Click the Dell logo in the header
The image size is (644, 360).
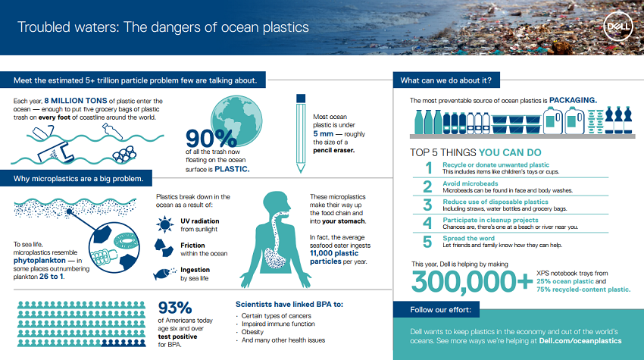pyautogui.click(x=618, y=27)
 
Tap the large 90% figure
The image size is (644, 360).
pyautogui.click(x=211, y=139)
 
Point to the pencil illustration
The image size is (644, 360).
pyautogui.click(x=301, y=133)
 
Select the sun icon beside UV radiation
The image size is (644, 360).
pyautogui.click(x=165, y=225)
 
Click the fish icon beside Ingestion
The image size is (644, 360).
pyautogui.click(x=164, y=274)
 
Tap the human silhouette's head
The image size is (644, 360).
pyautogui.click(x=276, y=202)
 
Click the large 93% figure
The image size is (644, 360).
pyautogui.click(x=175, y=308)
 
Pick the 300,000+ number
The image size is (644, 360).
pyautogui.click(x=472, y=281)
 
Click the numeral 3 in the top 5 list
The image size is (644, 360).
pyautogui.click(x=427, y=205)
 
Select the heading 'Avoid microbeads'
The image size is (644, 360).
pyautogui.click(x=470, y=183)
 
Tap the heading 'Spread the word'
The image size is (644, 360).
pyautogui.click(x=469, y=238)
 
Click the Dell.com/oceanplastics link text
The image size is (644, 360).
pyautogui.click(x=580, y=341)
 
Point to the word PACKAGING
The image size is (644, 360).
pyautogui.click(x=573, y=100)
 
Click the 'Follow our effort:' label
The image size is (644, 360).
pyautogui.click(x=441, y=310)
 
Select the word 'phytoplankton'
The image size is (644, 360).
pyautogui.click(x=39, y=261)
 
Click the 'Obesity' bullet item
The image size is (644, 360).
pyautogui.click(x=252, y=332)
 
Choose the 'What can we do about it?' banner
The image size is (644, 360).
pyautogui.click(x=446, y=80)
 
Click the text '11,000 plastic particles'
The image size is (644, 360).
pyautogui.click(x=334, y=257)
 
